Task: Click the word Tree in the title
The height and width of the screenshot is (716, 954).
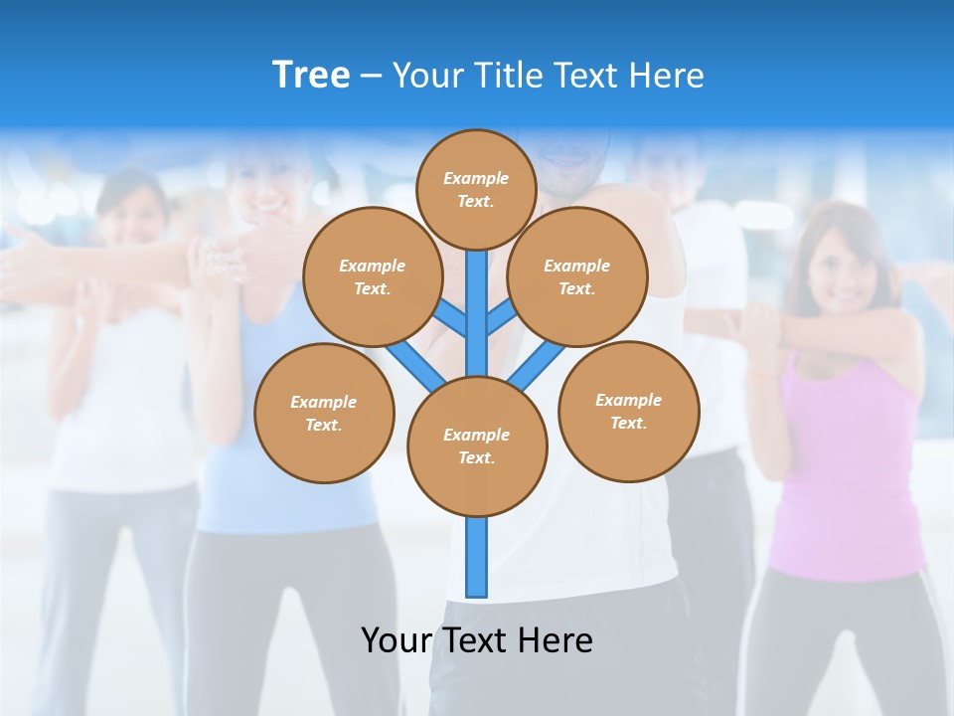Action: (x=311, y=75)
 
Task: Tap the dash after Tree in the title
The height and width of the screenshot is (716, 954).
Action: (x=371, y=77)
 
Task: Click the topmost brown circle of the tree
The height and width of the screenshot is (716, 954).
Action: (x=476, y=189)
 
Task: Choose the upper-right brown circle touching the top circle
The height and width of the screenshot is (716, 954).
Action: (x=576, y=276)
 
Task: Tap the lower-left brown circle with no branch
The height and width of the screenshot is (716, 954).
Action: (x=324, y=413)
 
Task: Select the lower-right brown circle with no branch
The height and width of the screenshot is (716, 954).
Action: (x=628, y=411)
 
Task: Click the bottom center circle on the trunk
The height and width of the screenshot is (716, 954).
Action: (x=476, y=446)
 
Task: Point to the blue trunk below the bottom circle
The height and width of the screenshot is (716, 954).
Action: (x=476, y=557)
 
